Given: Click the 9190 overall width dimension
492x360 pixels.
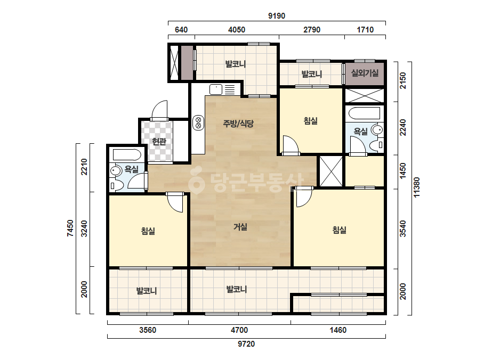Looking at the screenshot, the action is (x=277, y=15).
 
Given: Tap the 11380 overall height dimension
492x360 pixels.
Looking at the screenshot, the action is (x=416, y=187).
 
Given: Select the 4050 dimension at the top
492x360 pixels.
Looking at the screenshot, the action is (x=237, y=30).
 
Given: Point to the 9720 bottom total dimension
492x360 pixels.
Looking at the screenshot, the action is (x=246, y=344).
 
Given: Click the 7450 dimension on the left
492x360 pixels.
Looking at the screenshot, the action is (x=70, y=228).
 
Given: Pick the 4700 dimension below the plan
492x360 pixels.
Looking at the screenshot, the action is (x=239, y=330).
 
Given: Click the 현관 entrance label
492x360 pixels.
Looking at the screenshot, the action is (x=159, y=142).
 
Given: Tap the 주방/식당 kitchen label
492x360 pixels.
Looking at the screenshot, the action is (x=238, y=124).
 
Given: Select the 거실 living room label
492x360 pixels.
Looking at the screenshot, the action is (x=240, y=227).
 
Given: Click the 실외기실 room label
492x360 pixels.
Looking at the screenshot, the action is (x=365, y=73).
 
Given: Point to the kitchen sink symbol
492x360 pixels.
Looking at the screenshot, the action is (x=215, y=89).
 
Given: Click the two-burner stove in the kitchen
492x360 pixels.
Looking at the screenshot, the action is (x=198, y=122).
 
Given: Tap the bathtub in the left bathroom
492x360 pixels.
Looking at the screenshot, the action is (x=127, y=155).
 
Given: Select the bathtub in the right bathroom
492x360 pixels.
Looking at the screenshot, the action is (x=365, y=113).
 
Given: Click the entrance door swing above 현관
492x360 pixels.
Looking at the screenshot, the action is (x=159, y=110).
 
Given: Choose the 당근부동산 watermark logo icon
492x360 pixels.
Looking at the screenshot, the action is (x=196, y=181).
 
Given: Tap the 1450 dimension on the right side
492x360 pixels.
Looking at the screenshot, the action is (x=403, y=171).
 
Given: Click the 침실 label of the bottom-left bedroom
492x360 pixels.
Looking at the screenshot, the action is (x=148, y=232).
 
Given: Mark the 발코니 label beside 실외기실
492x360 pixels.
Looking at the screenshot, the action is (x=312, y=75).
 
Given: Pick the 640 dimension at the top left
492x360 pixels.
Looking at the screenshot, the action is (x=181, y=30).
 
